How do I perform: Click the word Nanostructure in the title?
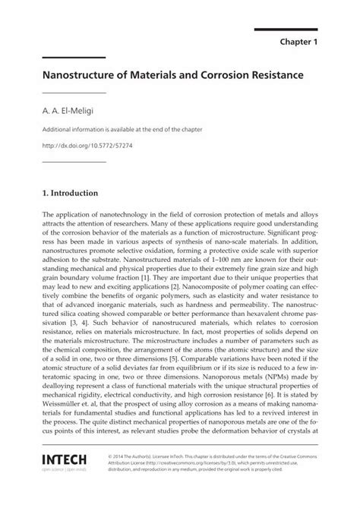coord(83,77)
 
